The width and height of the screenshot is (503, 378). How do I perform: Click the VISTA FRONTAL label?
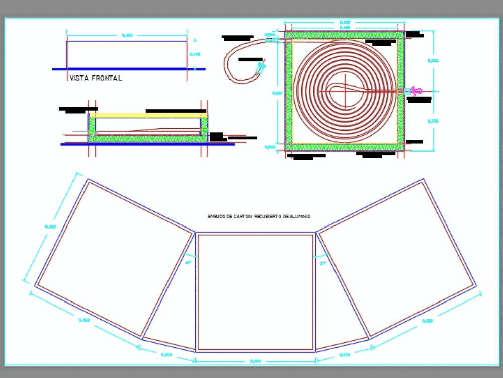point(96,78)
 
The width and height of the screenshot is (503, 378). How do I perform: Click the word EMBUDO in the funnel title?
point(215,216)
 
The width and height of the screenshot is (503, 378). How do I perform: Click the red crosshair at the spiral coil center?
point(346,91)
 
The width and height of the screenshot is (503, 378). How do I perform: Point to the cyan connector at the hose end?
point(260,67)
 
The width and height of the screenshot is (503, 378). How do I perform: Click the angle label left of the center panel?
point(188,263)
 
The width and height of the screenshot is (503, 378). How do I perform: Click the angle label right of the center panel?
point(323,263)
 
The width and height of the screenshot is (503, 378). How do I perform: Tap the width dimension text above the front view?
point(127,35)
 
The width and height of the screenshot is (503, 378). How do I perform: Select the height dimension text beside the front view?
point(194,54)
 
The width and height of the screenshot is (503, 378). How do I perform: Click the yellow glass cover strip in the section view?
point(148,115)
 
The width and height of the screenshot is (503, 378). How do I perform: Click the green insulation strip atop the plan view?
point(345,35)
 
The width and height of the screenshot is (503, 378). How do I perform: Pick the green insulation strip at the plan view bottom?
point(345,147)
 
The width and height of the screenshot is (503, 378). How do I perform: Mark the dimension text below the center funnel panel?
point(255,361)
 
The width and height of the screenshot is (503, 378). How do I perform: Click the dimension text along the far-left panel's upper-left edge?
point(50,227)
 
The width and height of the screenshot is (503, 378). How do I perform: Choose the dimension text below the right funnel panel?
point(427,321)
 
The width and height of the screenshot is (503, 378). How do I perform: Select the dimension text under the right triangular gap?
point(345,355)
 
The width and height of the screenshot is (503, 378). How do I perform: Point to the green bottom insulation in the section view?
point(148,139)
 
